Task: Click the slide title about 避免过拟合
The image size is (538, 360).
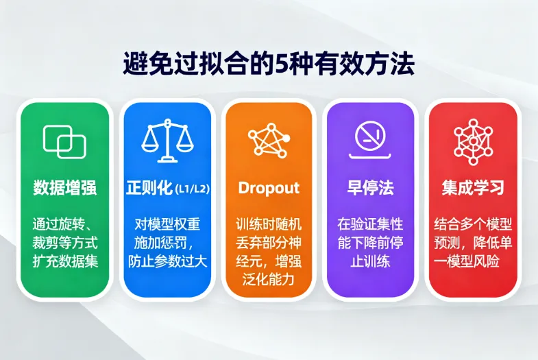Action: coord(269,66)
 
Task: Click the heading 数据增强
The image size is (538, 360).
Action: coord(64,188)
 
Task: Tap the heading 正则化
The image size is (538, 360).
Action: coord(149,188)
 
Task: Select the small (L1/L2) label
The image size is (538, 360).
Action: coord(192,189)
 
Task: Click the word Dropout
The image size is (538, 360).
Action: coord(269,188)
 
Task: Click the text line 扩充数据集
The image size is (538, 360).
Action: coord(64,261)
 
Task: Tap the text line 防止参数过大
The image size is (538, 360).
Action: coord(167,261)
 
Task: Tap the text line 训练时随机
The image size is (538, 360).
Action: coord(269,224)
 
